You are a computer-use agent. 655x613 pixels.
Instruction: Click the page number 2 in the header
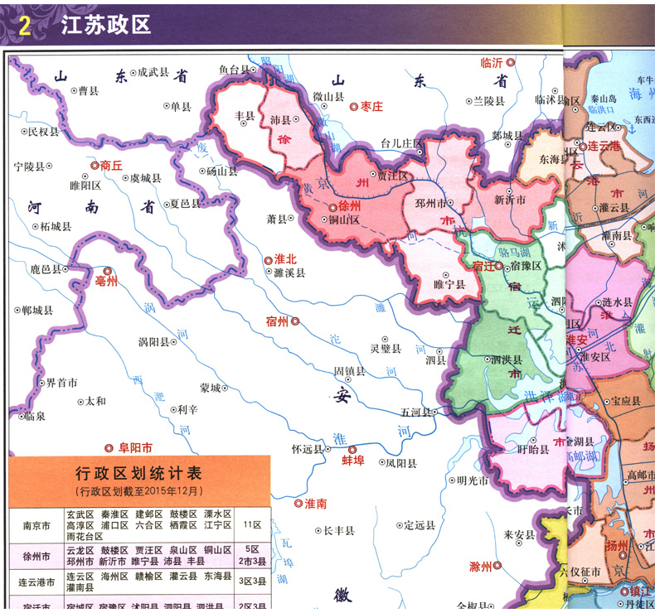tap(24, 27)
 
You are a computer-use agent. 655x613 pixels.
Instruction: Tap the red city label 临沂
tap(492, 62)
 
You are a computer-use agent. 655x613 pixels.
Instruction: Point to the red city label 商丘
tap(111, 165)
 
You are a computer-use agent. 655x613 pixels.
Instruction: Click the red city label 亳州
tap(107, 281)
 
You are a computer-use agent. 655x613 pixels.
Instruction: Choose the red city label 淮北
tap(284, 259)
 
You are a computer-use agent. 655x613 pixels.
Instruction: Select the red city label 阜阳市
tap(135, 447)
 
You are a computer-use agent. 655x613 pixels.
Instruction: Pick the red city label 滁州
tap(480, 567)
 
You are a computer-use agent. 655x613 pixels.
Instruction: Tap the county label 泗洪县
tap(506, 360)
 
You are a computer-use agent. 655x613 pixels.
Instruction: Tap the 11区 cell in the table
tap(252, 525)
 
